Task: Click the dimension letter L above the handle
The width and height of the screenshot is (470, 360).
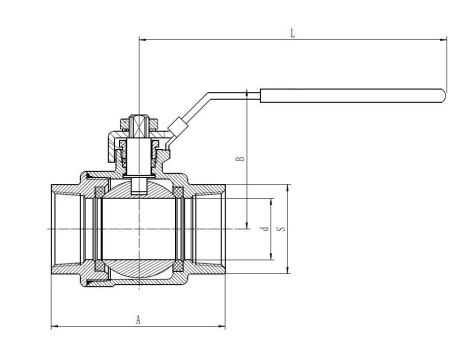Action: pyautogui.click(x=292, y=33)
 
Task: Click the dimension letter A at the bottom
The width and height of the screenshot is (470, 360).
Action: pyautogui.click(x=137, y=319)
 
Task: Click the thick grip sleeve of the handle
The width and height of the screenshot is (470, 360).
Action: pyautogui.click(x=351, y=97)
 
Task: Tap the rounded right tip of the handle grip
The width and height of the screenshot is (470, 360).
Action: pyautogui.click(x=440, y=97)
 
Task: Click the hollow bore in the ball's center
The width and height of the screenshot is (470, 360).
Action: pyautogui.click(x=137, y=229)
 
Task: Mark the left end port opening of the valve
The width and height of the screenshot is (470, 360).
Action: pyautogui.click(x=58, y=229)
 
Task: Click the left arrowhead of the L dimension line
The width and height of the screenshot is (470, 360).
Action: pyautogui.click(x=141, y=40)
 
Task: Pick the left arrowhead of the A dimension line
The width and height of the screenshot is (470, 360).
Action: pyautogui.click(x=54, y=325)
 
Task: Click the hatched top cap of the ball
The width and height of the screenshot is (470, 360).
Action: pyautogui.click(x=137, y=188)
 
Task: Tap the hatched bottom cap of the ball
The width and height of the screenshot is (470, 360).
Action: pyautogui.click(x=137, y=271)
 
